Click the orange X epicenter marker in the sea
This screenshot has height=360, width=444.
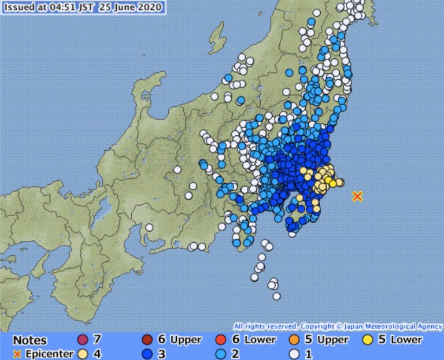coord(357,196)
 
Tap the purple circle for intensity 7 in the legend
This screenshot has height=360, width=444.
coord(82,340)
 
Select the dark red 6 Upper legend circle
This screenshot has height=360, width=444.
coord(147,340)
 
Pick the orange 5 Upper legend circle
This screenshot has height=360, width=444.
coord(294,340)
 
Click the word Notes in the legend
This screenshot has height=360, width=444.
coord(29,340)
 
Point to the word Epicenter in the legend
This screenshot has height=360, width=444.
coord(49,354)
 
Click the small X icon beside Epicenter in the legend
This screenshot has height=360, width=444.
coord(17,354)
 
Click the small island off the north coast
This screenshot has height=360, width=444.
coord(217,39)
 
